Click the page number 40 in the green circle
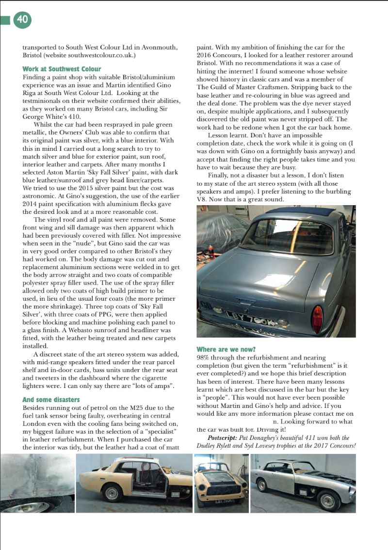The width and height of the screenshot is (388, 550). point(22,19)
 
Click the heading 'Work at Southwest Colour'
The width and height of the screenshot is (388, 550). point(62,69)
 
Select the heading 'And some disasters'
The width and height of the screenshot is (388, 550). point(51,400)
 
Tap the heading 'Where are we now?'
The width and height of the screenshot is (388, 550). point(226,349)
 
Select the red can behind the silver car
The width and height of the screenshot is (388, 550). point(211,252)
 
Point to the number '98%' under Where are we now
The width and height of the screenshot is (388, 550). point(204,357)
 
